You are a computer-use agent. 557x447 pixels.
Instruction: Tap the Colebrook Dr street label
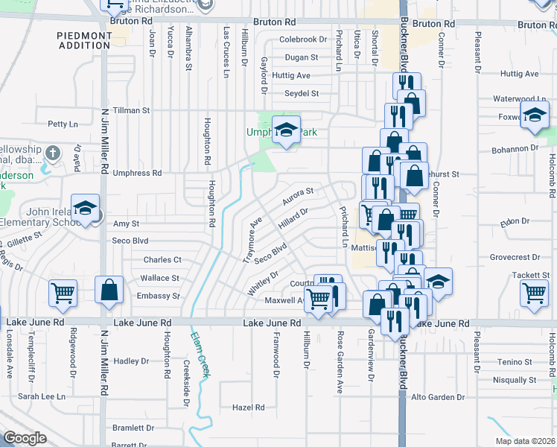click(303, 39)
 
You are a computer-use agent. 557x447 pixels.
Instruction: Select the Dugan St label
click(302, 57)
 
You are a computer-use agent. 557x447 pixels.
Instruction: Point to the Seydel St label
click(302, 94)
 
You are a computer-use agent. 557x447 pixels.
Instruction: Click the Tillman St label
click(131, 110)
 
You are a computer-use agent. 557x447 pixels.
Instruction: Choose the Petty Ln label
click(63, 124)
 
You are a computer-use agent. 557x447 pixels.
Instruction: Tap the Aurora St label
click(298, 197)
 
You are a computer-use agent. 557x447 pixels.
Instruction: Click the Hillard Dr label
click(293, 218)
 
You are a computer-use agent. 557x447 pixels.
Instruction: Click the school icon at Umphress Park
click(285, 131)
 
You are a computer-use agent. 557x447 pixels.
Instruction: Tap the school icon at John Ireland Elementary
click(86, 209)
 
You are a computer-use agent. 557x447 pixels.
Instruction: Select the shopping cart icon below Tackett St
click(534, 294)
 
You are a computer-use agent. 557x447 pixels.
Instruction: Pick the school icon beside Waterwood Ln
click(535, 116)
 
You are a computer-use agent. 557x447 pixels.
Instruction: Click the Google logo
click(25, 438)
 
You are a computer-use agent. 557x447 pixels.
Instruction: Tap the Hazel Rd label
click(249, 408)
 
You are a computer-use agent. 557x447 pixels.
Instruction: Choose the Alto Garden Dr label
click(438, 397)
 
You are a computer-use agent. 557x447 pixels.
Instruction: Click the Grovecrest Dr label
click(515, 258)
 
